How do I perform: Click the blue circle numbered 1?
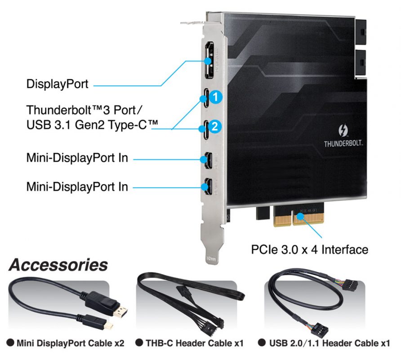[216, 96]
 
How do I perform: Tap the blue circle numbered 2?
[215, 126]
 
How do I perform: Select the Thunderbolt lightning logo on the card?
[343, 130]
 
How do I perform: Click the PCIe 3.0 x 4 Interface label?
[309, 249]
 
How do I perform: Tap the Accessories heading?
[58, 265]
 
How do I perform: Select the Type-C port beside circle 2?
[205, 127]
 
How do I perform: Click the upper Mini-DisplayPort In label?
[77, 158]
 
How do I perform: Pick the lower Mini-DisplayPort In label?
[77, 186]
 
